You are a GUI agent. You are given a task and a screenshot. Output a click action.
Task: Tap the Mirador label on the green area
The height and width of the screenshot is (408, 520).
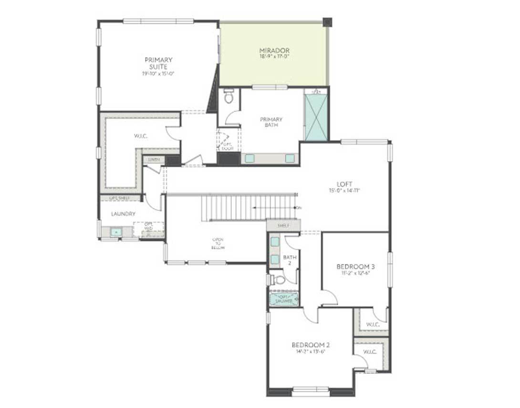pyautogui.click(x=274, y=50)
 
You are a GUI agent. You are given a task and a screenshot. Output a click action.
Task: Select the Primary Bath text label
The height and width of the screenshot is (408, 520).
pyautogui.click(x=271, y=122)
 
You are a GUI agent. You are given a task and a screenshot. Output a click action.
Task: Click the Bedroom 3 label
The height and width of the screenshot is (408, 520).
pyautogui.click(x=356, y=266)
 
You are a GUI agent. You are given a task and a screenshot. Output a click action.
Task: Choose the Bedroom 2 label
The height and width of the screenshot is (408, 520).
pyautogui.click(x=311, y=345)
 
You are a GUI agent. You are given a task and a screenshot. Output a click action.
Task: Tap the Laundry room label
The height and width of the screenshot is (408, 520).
pyautogui.click(x=123, y=214)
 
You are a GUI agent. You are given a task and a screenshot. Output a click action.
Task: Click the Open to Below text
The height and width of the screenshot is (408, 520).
pyautogui.click(x=218, y=243)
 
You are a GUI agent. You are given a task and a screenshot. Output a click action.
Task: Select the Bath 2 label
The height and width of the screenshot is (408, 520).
pyautogui.click(x=290, y=260)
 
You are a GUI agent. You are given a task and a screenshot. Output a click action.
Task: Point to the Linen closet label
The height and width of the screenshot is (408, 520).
pyautogui.click(x=154, y=160)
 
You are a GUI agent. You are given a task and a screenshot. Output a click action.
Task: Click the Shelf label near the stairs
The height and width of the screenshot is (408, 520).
pyautogui.click(x=283, y=225)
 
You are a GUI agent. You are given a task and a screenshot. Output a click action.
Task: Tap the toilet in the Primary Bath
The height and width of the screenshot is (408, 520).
pyautogui.click(x=229, y=97)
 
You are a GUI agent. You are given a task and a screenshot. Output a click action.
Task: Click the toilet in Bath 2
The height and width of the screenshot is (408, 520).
pyautogui.click(x=279, y=280)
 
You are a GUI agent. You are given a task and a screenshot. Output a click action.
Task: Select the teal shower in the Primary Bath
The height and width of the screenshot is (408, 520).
pyautogui.click(x=316, y=117)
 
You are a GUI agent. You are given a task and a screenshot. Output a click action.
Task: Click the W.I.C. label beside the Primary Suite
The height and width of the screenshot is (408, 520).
pyautogui.click(x=141, y=136)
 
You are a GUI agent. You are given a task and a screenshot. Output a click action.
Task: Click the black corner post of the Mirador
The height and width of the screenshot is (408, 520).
pyautogui.click(x=327, y=22)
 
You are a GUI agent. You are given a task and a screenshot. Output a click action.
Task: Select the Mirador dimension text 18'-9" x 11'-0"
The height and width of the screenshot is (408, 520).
pyautogui.click(x=274, y=56)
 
